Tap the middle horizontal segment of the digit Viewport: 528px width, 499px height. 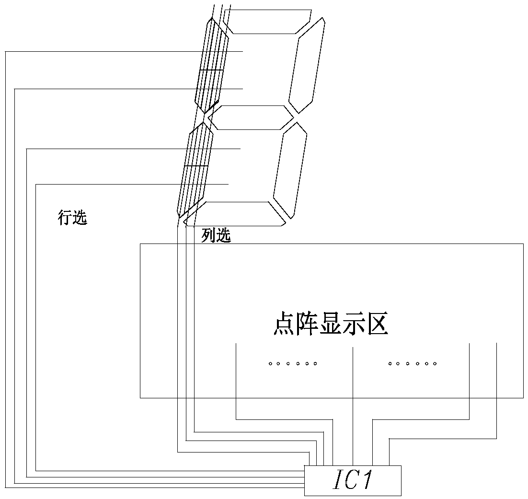(x=251, y=117)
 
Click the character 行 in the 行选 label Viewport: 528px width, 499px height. (x=65, y=218)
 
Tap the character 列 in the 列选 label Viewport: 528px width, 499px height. (x=208, y=235)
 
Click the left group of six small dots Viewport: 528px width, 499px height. (x=292, y=364)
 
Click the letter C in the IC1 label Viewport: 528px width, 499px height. (x=351, y=481)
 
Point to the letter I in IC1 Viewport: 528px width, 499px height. (x=337, y=481)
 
